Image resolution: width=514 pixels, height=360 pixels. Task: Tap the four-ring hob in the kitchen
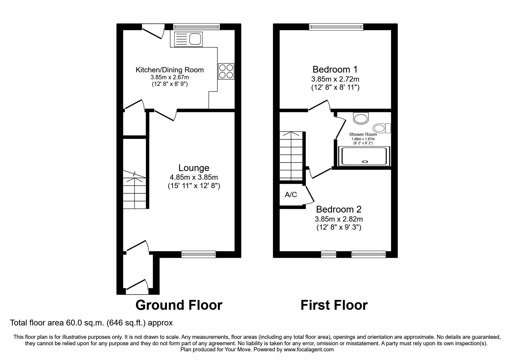click(x=226, y=71)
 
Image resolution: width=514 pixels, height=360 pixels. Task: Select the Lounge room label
click(x=194, y=168)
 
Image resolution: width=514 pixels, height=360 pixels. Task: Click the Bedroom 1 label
click(x=335, y=69)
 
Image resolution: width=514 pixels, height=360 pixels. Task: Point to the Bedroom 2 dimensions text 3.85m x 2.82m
click(x=339, y=219)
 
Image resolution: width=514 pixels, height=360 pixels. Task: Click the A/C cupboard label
click(x=291, y=195)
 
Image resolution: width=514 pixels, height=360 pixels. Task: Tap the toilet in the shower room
click(x=382, y=128)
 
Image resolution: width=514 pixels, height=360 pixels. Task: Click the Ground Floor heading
click(x=179, y=305)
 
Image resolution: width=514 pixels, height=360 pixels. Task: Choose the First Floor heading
click(x=334, y=305)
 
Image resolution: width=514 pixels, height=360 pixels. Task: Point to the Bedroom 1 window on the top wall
click(x=336, y=27)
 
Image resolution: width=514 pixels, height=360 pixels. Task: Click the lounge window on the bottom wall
click(x=199, y=254)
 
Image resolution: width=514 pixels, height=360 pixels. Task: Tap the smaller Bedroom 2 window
click(x=329, y=254)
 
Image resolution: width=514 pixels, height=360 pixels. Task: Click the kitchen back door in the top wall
click(x=153, y=32)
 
